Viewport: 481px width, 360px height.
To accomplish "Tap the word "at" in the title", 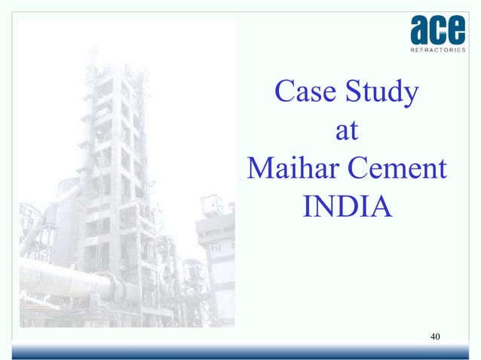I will pos(346,131).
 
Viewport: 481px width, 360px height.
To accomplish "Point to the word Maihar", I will pos(290,167).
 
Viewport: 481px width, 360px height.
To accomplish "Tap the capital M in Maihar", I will pos(259,167).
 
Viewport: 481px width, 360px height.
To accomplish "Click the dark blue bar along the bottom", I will pos(240,354).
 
